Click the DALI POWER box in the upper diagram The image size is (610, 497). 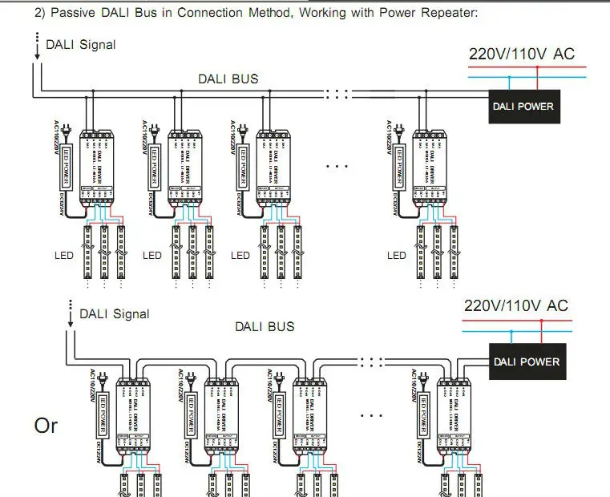pos(522,106)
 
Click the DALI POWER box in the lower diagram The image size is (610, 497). pos(527,362)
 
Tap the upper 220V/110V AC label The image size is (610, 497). pos(522,55)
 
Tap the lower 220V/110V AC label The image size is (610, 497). pos(516,305)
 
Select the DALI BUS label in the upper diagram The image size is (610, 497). pos(228,79)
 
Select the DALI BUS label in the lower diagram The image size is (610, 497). pos(264,326)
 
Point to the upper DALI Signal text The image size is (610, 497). pos(81,45)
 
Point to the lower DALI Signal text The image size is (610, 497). pos(114,313)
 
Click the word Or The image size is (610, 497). pos(46,426)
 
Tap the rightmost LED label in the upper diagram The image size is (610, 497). pos(396,256)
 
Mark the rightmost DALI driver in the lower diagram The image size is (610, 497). pos(454,422)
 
